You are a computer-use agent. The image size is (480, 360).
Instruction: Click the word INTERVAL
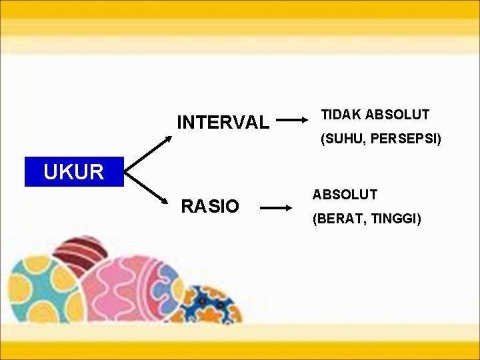click(223, 123)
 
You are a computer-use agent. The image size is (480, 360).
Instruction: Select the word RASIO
click(210, 207)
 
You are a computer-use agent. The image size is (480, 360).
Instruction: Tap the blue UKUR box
click(73, 172)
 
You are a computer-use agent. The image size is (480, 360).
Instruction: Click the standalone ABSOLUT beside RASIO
click(345, 195)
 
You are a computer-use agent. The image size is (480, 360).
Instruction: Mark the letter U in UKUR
click(51, 172)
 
